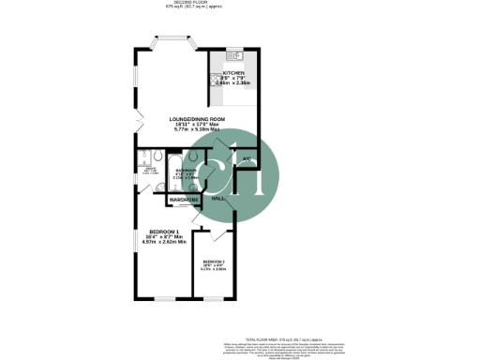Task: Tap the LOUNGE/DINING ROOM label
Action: (x=198, y=119)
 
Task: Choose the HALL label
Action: (x=218, y=199)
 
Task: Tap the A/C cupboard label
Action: (x=246, y=160)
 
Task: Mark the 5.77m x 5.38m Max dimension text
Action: (x=198, y=130)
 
